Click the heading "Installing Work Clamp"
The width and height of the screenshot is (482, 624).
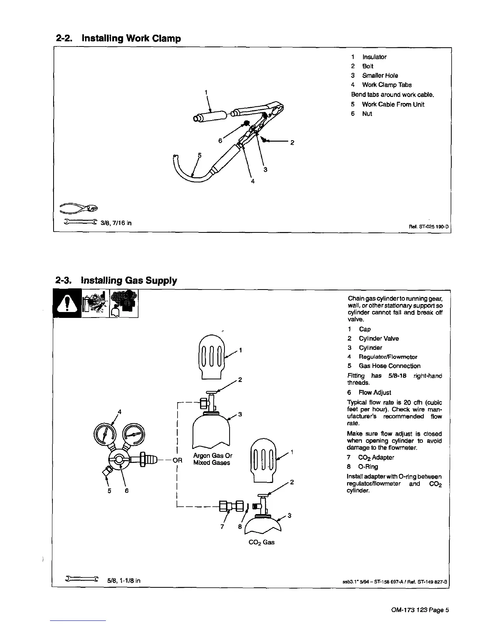coord(131,39)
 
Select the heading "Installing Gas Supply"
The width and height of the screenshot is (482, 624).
coord(129,280)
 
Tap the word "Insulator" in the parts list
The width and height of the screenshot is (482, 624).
coord(374,57)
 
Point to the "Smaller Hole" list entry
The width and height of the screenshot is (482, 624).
coord(380,75)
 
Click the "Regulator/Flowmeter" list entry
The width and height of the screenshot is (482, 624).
coord(387,357)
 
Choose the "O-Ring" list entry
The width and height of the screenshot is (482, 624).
coord(368,467)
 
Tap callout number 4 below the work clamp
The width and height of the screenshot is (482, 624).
coord(253,182)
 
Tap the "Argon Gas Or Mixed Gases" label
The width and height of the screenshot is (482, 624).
coord(212,459)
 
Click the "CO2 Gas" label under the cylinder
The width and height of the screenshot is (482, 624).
coord(261,542)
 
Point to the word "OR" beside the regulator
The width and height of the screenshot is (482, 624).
coord(178,460)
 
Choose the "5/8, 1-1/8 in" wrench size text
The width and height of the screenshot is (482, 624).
coord(124,581)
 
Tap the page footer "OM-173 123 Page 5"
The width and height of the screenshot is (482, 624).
coord(420,610)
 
